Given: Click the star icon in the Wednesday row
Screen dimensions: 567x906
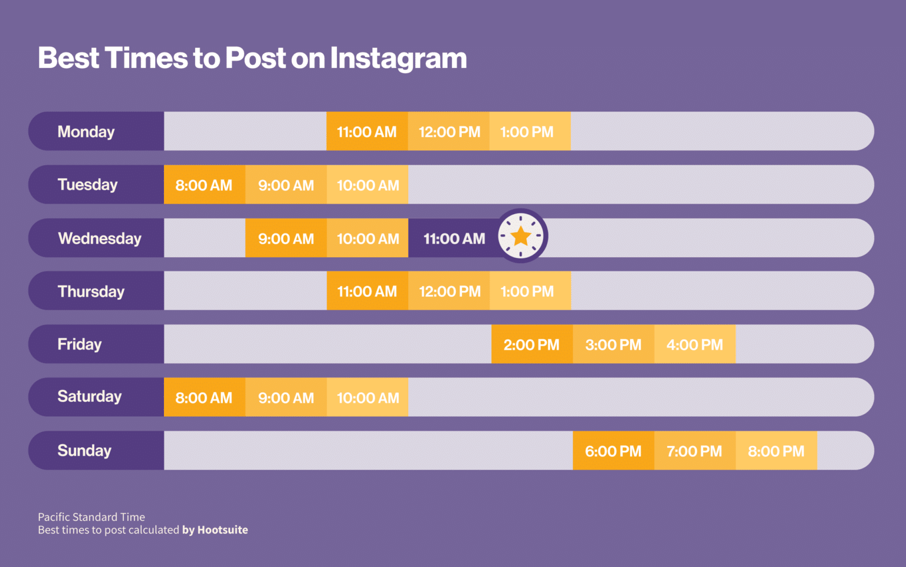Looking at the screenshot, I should [x=521, y=237].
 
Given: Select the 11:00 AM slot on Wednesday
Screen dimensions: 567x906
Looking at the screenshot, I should [x=454, y=238].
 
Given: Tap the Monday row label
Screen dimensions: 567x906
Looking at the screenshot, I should [x=86, y=132].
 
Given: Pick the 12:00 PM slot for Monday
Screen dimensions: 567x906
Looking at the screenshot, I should [x=449, y=132].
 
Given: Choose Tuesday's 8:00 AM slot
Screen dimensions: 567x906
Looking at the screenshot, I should [x=204, y=185].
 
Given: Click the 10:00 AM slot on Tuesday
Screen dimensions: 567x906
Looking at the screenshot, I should [x=367, y=185].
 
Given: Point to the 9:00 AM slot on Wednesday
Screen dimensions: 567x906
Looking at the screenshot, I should [x=285, y=238].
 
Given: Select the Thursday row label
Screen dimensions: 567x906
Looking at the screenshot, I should [x=91, y=291].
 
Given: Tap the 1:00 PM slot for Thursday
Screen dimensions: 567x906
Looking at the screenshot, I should [x=527, y=291].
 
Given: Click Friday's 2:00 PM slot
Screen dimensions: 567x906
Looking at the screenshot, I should [x=531, y=345].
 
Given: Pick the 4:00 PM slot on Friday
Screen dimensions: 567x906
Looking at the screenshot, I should [x=694, y=345].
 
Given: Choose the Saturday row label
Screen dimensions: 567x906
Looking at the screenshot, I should [x=90, y=396].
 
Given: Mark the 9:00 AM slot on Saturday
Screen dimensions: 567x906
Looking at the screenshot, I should [x=285, y=398].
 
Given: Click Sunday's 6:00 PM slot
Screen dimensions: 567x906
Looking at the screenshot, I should [x=613, y=451].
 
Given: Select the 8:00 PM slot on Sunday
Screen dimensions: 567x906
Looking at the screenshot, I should [x=776, y=451].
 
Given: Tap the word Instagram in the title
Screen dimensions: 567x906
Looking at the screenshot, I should [x=398, y=58].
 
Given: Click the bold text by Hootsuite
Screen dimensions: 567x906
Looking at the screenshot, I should [x=215, y=530].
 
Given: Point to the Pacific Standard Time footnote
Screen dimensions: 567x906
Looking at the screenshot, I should [x=91, y=517].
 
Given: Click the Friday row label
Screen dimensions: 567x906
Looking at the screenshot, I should [x=80, y=344].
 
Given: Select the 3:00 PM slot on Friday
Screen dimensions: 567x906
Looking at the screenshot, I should [x=613, y=345].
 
